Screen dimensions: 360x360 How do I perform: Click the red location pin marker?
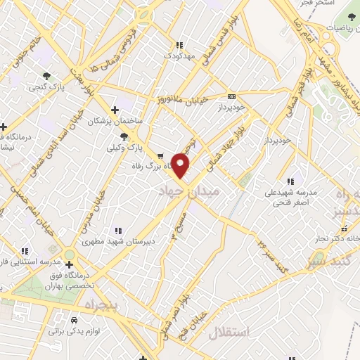pyautogui.click(x=181, y=165)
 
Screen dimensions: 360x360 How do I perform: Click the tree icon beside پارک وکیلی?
pyautogui.click(x=124, y=137)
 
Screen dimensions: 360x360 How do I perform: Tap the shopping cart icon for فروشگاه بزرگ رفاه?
pyautogui.click(x=161, y=156)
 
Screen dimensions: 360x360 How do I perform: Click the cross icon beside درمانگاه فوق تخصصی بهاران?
pyautogui.click(x=69, y=264)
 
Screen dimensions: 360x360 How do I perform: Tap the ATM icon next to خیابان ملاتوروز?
pyautogui.click(x=231, y=96)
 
